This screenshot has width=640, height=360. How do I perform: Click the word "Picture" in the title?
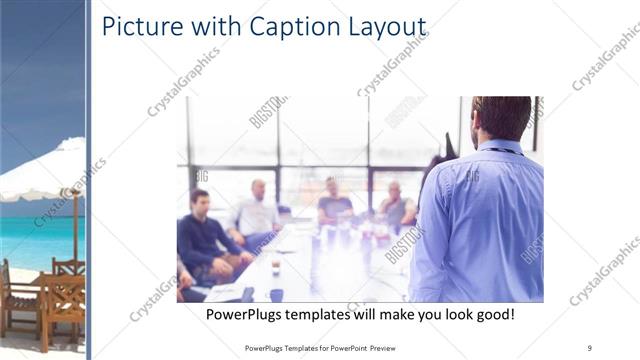tap(142, 27)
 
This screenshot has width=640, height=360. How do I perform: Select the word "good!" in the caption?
tap(492, 314)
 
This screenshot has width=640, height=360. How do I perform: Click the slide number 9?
tap(590, 347)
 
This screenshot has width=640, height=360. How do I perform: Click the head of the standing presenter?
tap(502, 118)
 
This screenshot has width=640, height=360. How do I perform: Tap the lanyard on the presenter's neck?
tap(506, 149)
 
